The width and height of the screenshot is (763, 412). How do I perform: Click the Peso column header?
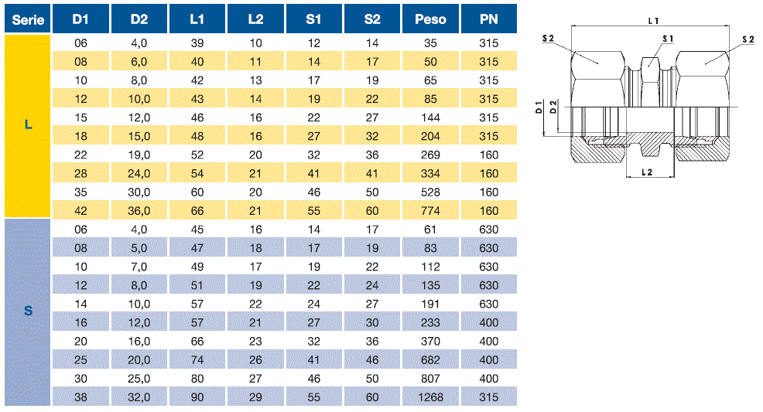pos(430,19)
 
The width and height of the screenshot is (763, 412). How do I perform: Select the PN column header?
pos(488,19)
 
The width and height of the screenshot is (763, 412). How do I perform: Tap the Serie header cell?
pos(28,19)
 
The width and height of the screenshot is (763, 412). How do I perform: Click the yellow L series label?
pos(28,125)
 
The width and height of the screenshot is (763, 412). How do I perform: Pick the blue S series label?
pos(28,311)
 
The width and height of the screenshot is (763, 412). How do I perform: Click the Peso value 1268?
pos(430,397)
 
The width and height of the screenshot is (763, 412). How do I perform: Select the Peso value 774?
pos(430,211)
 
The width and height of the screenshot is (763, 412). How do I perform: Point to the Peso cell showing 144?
pos(430,117)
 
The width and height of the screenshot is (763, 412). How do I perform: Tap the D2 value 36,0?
pos(139,211)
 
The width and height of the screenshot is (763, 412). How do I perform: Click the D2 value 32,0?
pos(139,397)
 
